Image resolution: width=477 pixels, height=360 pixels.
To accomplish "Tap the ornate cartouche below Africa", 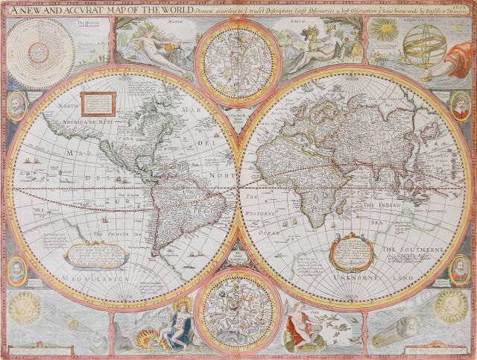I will click(351, 250).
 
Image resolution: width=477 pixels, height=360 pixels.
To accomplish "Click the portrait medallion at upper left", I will click(16, 107).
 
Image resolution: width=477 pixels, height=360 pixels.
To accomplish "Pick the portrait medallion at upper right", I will click(460, 107).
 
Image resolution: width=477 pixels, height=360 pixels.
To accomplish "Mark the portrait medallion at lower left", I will click(16, 269).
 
